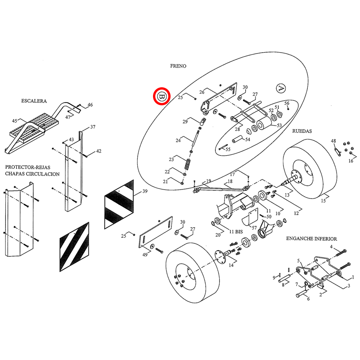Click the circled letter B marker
coord(162,96)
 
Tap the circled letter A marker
coord(280,88)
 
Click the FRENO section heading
coord(178,66)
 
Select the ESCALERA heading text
coord(34,101)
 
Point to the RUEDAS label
coord(302,131)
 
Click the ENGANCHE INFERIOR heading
coord(311,239)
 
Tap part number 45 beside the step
coord(15,121)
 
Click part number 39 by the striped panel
coord(145,191)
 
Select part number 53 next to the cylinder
coord(279,126)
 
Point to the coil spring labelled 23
coord(188,164)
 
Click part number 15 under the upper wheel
coord(323,201)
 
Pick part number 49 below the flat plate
coord(145,255)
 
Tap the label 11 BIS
coord(236,232)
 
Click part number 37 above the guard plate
coord(93,127)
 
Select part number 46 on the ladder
coord(90,105)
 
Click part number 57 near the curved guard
coord(254,228)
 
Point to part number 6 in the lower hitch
coord(308,299)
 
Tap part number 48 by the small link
coord(333,141)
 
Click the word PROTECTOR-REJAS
coord(27,167)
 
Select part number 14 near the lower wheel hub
coord(231,265)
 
